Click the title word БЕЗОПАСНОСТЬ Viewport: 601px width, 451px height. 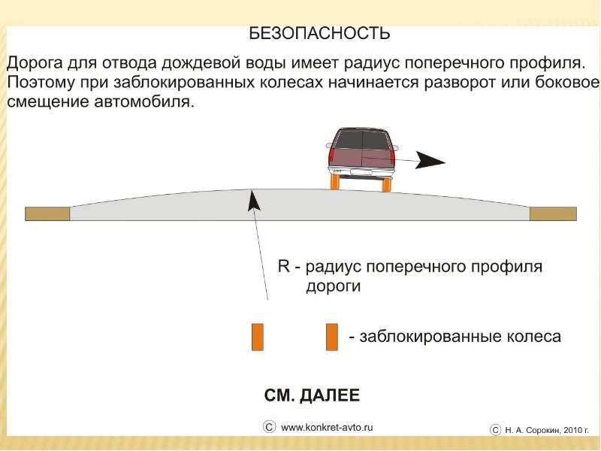(319, 33)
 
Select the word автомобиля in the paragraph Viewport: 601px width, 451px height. (146, 101)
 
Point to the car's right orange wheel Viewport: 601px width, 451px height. (387, 183)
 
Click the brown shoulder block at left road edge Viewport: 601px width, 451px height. (47, 213)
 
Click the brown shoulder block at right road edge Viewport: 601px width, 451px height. (553, 213)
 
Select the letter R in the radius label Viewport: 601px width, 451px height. (284, 267)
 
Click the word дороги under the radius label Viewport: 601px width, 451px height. (334, 286)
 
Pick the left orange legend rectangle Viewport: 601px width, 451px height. (257, 337)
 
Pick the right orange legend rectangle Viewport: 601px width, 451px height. (331, 337)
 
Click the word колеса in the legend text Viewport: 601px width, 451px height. (533, 336)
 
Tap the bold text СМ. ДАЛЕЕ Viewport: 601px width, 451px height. (312, 395)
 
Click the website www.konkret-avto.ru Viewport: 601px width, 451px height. (327, 428)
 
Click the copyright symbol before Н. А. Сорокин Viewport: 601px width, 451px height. (495, 429)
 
